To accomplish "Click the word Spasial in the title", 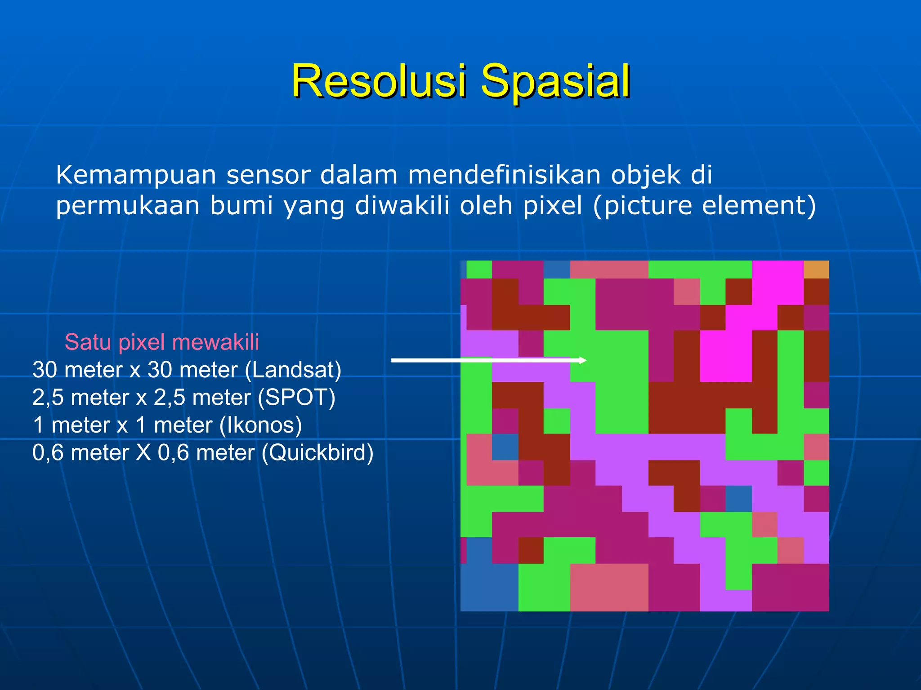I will [x=555, y=81].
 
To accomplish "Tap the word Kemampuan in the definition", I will [x=135, y=175].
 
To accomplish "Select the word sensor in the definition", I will [x=268, y=175].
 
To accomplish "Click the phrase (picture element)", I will [x=704, y=206].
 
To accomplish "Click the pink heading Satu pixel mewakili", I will [x=162, y=342].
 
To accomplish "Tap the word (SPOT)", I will [x=296, y=398].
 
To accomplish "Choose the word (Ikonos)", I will [x=261, y=425].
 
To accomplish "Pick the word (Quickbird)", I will [x=317, y=452].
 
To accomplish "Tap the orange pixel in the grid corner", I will [x=816, y=270].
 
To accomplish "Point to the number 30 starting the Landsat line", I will [x=45, y=370].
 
